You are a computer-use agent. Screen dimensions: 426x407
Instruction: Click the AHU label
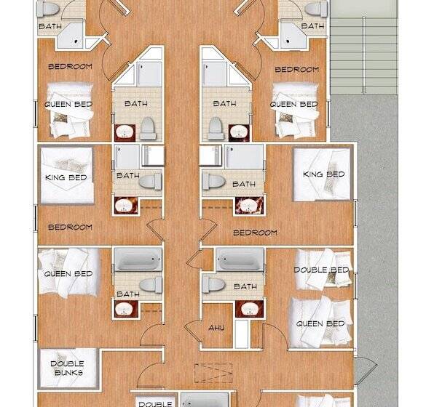coord(216,328)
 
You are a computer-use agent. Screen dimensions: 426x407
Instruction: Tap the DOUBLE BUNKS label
coord(67,368)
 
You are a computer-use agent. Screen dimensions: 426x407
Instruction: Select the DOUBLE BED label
coord(321,270)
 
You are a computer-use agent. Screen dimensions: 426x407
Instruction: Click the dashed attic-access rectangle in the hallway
coord(213,373)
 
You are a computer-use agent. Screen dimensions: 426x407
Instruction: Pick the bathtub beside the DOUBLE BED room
coord(240,259)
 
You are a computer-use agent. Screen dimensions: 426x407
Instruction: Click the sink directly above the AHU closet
coord(249,309)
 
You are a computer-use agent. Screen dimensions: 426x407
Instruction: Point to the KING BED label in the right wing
coord(324,174)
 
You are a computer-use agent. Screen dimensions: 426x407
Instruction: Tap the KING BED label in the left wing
coord(66,177)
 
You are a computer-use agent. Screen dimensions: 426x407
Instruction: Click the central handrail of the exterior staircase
coord(363,55)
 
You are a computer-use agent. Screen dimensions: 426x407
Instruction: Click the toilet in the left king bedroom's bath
coord(150,181)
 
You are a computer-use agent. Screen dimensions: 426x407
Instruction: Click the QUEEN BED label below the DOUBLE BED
coord(320,323)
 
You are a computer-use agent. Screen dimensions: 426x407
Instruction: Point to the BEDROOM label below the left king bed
coord(70,227)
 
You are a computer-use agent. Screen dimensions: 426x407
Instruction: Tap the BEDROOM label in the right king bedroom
coord(255,233)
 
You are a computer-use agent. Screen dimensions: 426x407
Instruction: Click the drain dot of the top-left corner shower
coord(76,41)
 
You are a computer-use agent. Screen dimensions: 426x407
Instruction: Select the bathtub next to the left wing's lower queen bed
coord(138,259)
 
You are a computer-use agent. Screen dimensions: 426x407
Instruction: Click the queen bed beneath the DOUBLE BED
coord(321,323)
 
